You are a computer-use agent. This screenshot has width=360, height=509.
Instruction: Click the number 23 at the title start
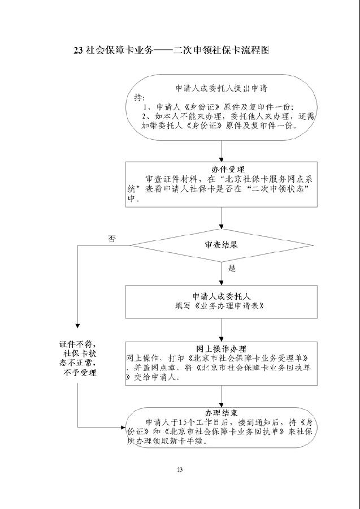pos(79,50)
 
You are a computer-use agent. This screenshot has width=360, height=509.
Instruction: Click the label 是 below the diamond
pos(232,268)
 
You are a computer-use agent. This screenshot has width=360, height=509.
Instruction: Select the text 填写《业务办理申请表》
pos(220,305)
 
